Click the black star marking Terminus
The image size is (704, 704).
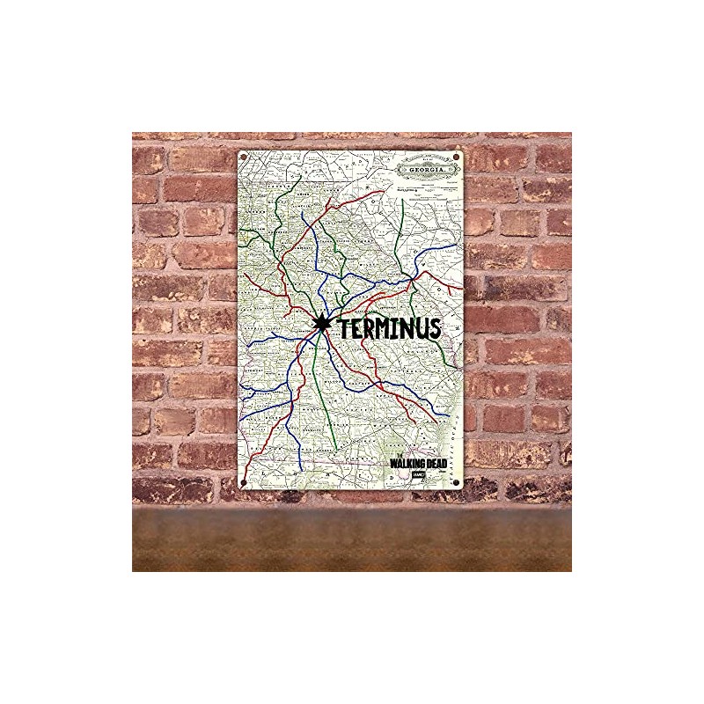[x=320, y=324]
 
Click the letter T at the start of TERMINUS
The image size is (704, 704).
[x=339, y=329]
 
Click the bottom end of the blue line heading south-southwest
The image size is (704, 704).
[x=298, y=466]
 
